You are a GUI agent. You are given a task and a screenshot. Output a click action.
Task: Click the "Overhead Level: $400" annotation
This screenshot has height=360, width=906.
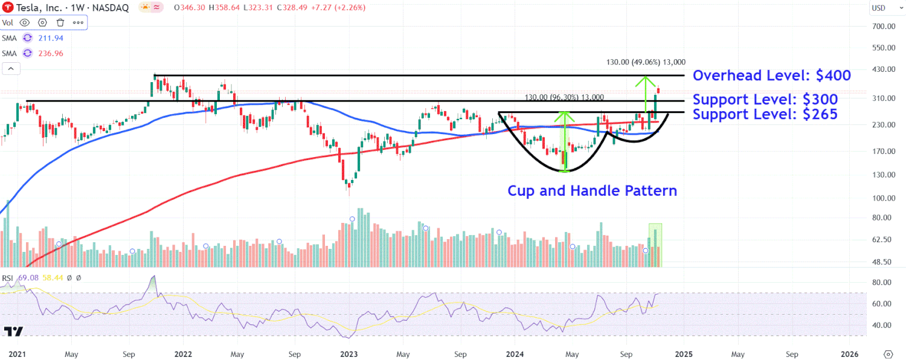771,76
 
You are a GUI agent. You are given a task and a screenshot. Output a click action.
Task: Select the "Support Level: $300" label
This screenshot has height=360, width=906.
765,100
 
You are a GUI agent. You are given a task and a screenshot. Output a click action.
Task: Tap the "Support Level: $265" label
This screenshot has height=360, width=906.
765,114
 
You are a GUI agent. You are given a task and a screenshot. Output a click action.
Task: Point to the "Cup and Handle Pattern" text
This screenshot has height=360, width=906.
592,191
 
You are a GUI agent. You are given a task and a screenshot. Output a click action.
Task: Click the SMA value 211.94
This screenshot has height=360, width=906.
51,38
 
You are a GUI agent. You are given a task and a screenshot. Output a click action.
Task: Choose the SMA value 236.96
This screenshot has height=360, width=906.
51,53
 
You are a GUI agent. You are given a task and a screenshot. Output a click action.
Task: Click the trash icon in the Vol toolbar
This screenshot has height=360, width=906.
60,23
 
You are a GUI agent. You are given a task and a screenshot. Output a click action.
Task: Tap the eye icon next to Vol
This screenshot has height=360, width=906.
25,23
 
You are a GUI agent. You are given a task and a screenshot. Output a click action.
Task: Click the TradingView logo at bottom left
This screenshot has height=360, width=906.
13,332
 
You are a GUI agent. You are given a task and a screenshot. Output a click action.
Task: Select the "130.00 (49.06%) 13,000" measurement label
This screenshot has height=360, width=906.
646,62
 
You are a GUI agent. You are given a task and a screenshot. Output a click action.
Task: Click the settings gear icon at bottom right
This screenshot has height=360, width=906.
888,354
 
